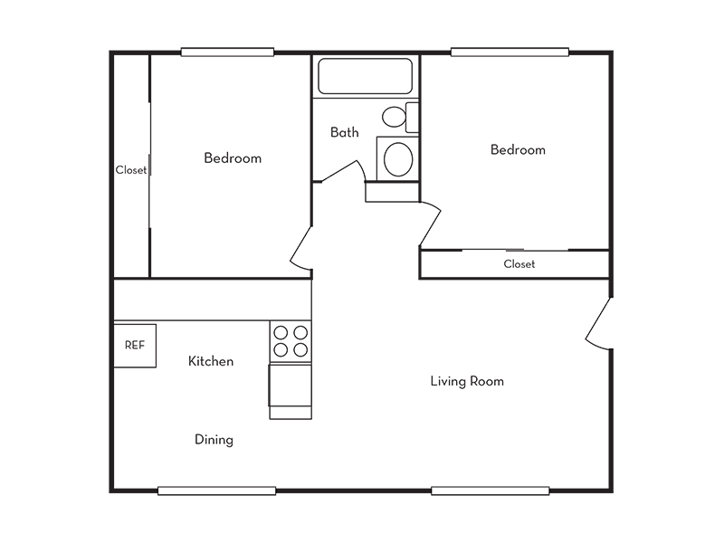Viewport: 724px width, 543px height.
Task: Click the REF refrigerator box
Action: (x=135, y=346)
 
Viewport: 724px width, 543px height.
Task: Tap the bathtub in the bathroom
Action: (x=365, y=76)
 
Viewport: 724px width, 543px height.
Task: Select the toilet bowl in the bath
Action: (x=394, y=117)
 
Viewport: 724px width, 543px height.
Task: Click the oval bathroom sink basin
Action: (x=398, y=159)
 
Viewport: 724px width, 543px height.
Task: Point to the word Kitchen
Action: (x=211, y=361)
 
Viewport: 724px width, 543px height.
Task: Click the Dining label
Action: (x=214, y=440)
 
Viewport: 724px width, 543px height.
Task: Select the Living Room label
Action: (x=467, y=381)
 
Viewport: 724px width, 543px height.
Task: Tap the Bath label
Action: (x=345, y=132)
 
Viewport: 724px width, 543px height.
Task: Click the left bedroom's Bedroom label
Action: (x=233, y=157)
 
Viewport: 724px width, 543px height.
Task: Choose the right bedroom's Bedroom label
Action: (x=518, y=149)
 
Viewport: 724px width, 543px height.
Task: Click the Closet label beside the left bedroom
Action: (x=130, y=170)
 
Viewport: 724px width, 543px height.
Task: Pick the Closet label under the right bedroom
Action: (x=519, y=264)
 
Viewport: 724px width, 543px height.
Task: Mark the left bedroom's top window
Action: (x=227, y=52)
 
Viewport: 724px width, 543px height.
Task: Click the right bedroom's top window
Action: (x=510, y=52)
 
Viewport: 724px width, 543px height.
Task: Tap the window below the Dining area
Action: (x=216, y=491)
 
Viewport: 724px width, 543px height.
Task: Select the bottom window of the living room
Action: (x=490, y=491)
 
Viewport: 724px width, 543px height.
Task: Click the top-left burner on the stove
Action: (x=281, y=332)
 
